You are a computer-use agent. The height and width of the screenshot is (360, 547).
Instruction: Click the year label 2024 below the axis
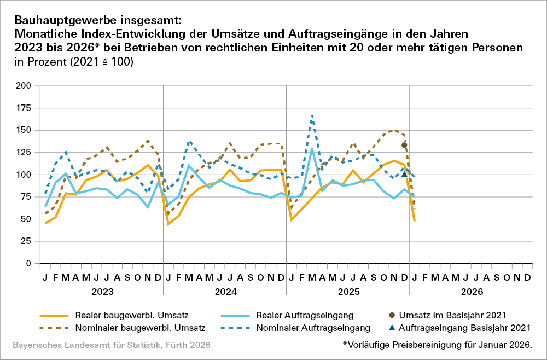coord(224,292)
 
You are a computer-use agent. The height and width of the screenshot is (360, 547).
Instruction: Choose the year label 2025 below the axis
coord(348,292)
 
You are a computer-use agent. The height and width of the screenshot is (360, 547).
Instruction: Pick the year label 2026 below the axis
coord(471,292)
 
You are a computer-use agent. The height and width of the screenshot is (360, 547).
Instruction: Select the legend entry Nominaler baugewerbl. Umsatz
coord(140,328)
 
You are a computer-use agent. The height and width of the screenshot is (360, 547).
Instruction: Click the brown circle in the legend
coord(390,315)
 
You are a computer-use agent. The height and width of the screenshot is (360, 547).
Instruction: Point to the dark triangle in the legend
coord(390,328)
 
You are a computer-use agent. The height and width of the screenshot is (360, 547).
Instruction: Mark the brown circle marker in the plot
coord(404,145)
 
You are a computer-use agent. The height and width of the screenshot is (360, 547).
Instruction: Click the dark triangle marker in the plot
coord(404,174)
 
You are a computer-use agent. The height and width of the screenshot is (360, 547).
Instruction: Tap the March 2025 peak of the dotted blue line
coord(312,116)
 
